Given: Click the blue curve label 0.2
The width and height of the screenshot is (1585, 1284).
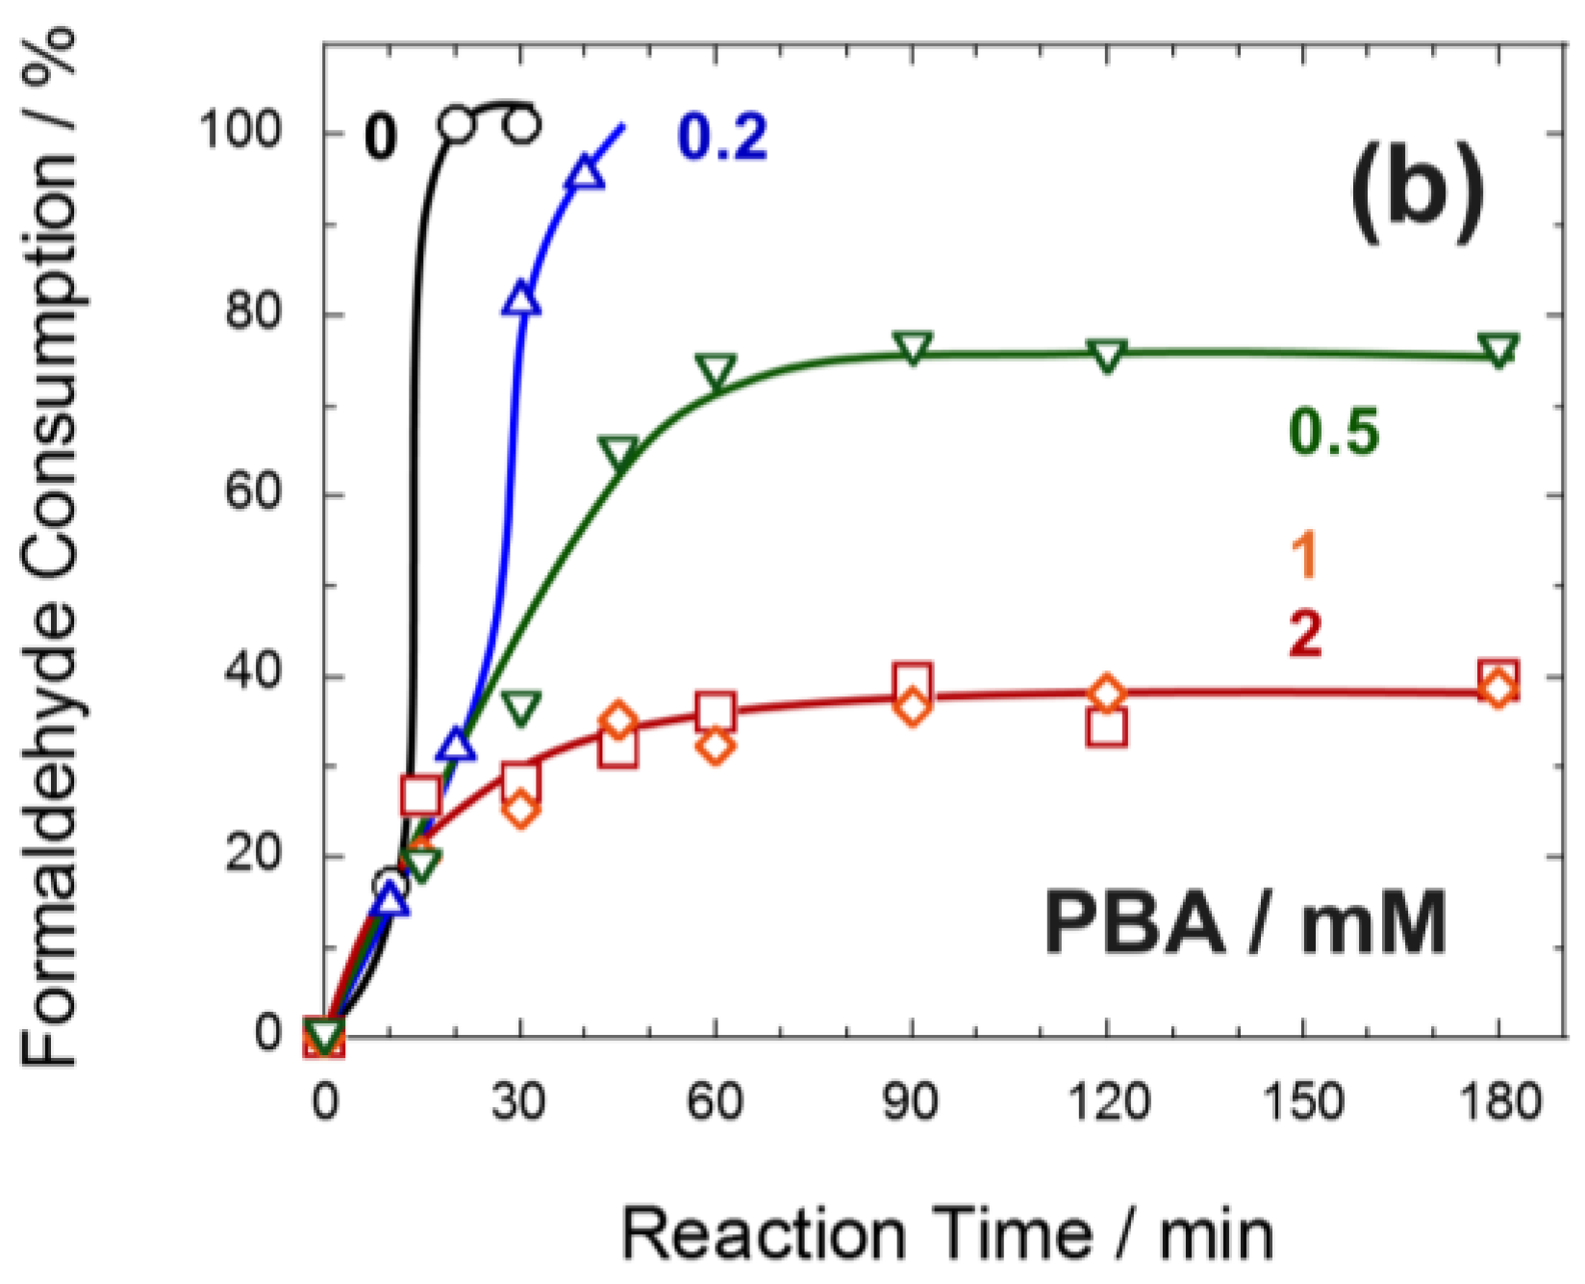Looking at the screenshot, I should [x=722, y=137].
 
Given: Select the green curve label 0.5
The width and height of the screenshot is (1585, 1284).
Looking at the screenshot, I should [x=1334, y=431].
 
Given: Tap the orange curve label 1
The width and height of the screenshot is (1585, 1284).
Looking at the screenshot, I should [x=1305, y=555].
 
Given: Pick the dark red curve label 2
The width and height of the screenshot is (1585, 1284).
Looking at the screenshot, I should [x=1305, y=632].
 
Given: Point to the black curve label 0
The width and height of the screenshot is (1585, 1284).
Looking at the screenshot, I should [x=381, y=137].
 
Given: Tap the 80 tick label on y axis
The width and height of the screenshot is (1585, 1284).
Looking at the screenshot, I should [x=254, y=312].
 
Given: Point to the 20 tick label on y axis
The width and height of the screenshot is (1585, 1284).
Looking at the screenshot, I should [x=254, y=853].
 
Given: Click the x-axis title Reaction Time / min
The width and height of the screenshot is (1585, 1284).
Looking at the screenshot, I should [x=946, y=1233].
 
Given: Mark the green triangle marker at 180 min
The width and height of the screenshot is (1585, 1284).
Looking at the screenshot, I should [x=1498, y=349].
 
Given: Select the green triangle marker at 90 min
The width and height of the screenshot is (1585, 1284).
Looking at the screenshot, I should [x=912, y=347].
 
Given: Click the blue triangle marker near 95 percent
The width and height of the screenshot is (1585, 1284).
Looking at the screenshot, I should [x=586, y=173].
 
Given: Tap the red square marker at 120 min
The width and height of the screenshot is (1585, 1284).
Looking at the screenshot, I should [x=1107, y=727].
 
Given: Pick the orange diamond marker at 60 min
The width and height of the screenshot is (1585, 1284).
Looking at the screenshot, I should [x=715, y=745].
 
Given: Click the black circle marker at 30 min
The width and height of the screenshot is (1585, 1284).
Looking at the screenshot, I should [x=521, y=125].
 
